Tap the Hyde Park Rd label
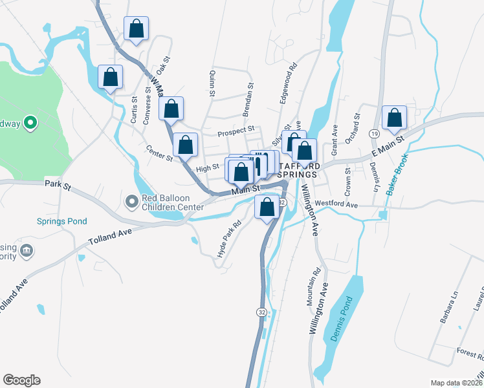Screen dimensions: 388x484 click(x=229, y=239)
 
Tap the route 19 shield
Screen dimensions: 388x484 click(x=374, y=133)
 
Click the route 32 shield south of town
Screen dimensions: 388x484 click(x=261, y=312)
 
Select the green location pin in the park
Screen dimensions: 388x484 click(x=30, y=122)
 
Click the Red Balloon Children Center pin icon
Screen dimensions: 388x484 click(x=132, y=202)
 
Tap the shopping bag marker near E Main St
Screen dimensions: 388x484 click(x=394, y=118)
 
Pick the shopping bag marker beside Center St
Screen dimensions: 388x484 click(x=185, y=146)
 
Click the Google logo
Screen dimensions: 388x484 click(x=21, y=380)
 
